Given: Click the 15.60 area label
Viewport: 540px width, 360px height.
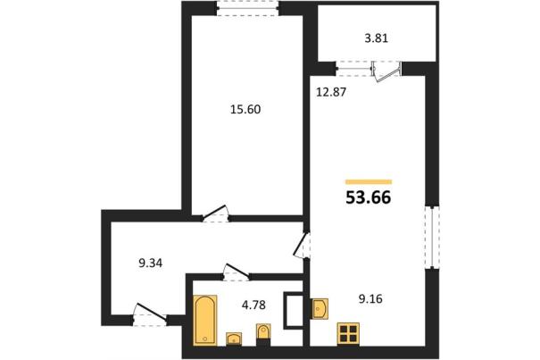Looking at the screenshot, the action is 245,110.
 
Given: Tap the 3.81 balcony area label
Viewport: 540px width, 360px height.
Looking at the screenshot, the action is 377,38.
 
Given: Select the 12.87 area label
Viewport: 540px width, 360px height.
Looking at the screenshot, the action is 331,92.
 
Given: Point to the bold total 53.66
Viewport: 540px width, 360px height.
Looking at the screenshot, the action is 369,198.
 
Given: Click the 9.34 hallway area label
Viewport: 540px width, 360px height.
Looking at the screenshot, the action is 151,264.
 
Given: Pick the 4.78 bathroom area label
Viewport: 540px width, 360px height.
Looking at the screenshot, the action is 253,306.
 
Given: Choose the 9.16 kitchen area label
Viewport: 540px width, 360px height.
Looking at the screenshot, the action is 370,298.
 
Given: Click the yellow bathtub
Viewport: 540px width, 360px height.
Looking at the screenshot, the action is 205,320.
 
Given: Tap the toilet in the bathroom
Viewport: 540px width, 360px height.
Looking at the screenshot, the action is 264,334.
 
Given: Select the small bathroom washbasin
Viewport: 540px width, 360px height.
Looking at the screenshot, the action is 234,339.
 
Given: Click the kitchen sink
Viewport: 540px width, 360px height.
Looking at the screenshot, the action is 320,308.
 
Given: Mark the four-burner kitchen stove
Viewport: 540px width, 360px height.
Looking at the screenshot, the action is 348,334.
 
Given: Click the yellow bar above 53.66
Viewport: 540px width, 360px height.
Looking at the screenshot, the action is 369,182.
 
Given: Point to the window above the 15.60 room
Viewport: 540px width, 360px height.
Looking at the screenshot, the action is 247,8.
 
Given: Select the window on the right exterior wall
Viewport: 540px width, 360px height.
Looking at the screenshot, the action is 432,237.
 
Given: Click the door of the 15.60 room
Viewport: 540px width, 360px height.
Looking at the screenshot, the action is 216,213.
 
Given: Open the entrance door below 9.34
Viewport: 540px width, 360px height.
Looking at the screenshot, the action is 150,314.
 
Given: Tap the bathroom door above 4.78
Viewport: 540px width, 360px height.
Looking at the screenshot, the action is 237,272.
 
